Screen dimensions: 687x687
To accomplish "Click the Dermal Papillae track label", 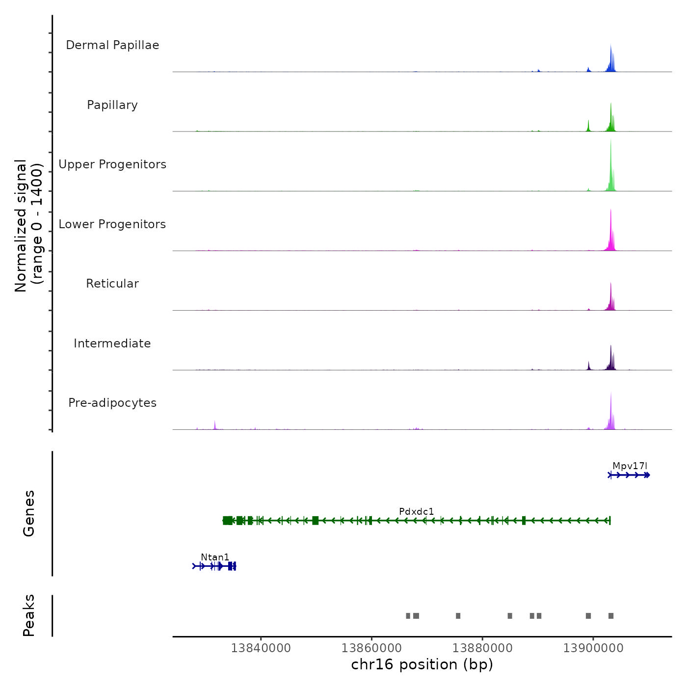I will [112, 45].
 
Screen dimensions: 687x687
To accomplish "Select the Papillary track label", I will [112, 105].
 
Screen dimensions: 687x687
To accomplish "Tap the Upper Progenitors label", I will [112, 164].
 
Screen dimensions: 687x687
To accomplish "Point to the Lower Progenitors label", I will [112, 224].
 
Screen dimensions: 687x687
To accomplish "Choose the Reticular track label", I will [112, 284].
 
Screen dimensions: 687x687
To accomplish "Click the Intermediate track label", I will [112, 343].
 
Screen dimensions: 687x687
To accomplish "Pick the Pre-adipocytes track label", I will [112, 403].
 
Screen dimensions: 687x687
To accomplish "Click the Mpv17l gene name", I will [630, 466].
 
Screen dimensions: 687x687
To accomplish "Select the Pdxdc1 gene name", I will [416, 512].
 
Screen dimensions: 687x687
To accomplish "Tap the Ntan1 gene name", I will [215, 557].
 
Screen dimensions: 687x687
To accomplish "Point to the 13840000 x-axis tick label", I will [261, 648].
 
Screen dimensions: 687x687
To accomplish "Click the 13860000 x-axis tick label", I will [371, 648].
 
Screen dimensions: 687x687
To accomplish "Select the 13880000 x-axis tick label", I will [482, 648].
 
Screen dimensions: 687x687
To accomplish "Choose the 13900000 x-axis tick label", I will [593, 648].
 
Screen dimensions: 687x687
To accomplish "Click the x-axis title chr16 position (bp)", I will [422, 664].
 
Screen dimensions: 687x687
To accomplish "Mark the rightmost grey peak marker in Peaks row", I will [611, 616].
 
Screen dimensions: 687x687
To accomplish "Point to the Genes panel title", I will [28, 513].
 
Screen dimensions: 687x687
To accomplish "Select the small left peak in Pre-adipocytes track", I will [215, 424].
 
